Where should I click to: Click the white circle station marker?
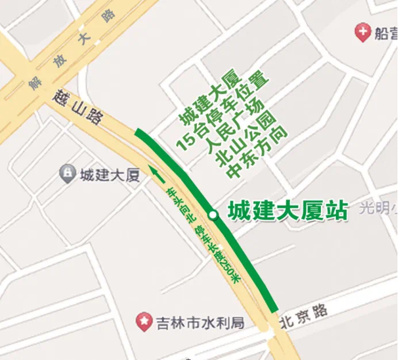tap(213, 215)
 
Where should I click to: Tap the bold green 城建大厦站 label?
tap(288, 211)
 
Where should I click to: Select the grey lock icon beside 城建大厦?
tap(67, 172)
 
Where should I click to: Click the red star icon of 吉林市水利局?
tap(144, 321)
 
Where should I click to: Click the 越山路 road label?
tap(79, 108)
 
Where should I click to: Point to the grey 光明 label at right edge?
tap(377, 209)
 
